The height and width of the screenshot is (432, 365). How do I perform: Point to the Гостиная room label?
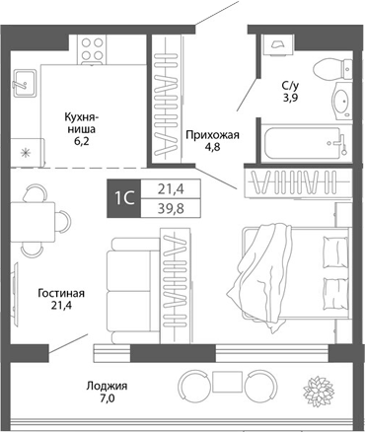click(x=61, y=293)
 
